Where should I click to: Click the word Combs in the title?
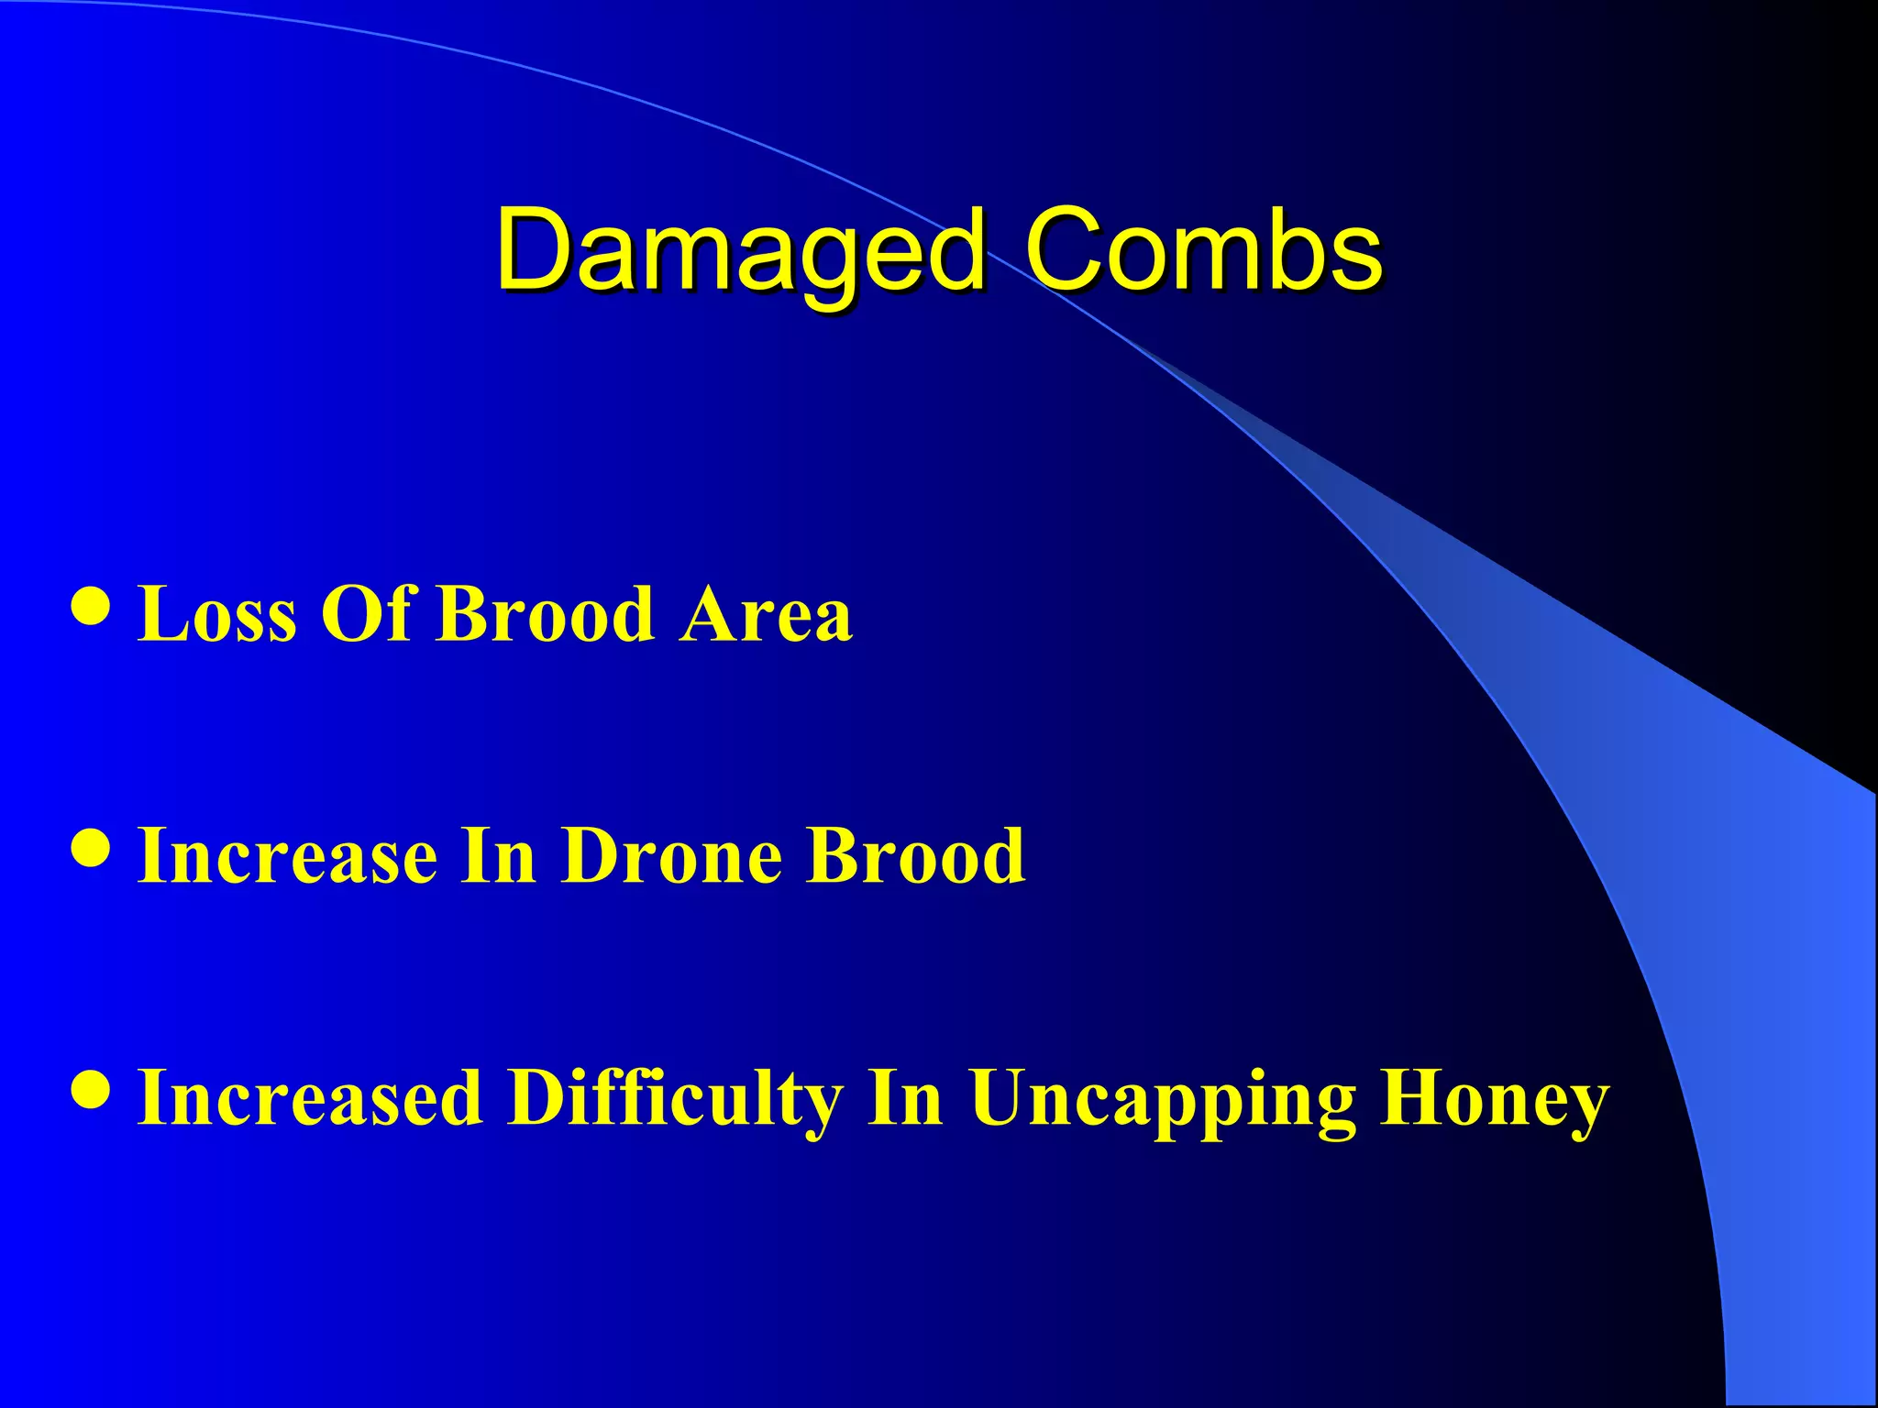(x=1202, y=249)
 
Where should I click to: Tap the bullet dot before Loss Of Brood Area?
(x=92, y=606)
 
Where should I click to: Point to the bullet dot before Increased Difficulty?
(x=92, y=1091)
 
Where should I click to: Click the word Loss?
(x=217, y=614)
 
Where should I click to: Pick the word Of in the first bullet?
(x=365, y=614)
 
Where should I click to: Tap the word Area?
(x=766, y=614)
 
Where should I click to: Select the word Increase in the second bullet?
(x=287, y=856)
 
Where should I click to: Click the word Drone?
(x=672, y=856)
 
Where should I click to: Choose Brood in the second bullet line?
(x=916, y=856)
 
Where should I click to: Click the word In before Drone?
(x=498, y=856)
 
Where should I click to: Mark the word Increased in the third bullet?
(x=310, y=1098)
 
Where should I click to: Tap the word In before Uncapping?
(x=905, y=1098)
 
